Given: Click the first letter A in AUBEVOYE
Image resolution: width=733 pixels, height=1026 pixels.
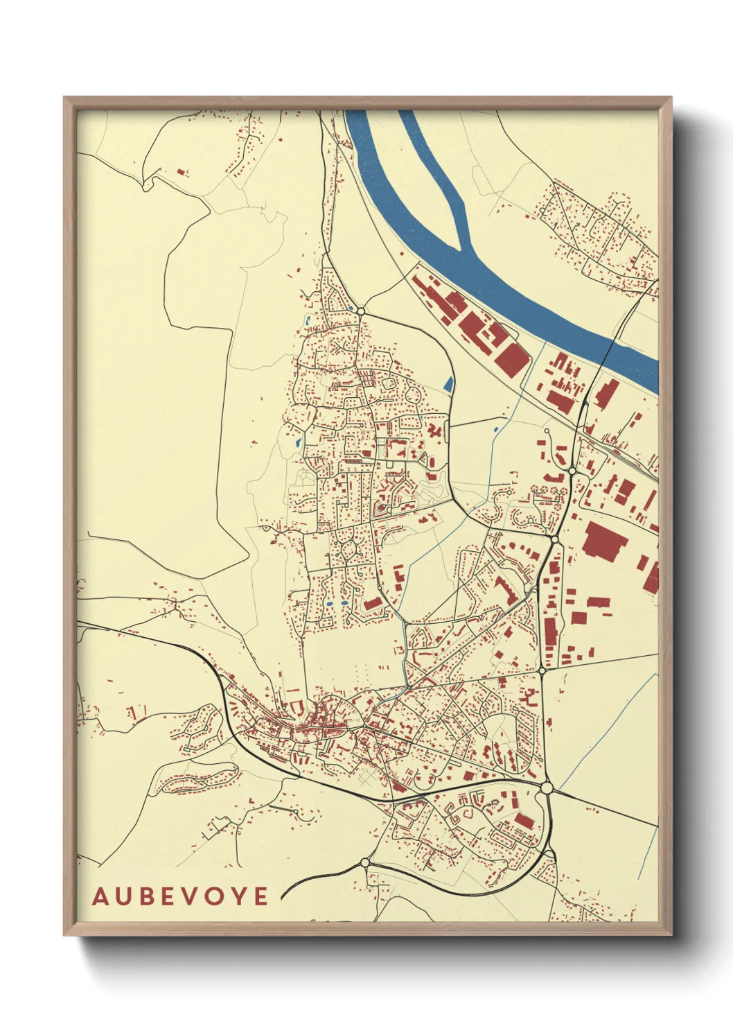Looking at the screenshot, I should click(100, 896).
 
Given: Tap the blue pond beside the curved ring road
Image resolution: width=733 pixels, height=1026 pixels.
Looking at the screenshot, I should click(448, 383).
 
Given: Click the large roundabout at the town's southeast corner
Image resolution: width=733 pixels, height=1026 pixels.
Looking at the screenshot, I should click(547, 788).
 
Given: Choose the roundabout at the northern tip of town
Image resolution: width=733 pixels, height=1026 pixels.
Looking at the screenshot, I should click(360, 311).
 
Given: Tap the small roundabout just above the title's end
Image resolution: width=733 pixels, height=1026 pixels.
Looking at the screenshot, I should click(365, 863).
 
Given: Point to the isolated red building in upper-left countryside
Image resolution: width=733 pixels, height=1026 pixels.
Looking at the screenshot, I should click(182, 172).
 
